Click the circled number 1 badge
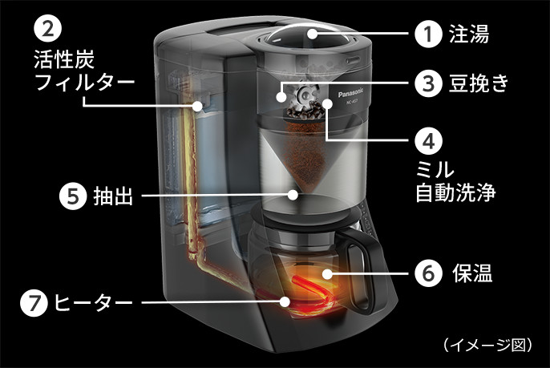(429, 35)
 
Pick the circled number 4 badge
(429, 140)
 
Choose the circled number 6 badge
(429, 273)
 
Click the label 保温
(470, 274)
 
